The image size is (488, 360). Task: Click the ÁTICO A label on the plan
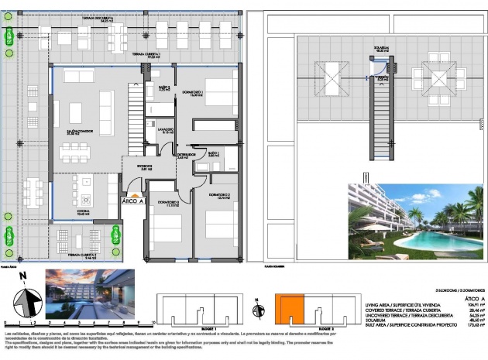(x=133, y=201)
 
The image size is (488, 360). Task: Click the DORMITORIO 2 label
(x=218, y=196)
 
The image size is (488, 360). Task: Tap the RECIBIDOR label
(x=137, y=167)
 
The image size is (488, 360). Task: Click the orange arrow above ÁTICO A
(x=133, y=193)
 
